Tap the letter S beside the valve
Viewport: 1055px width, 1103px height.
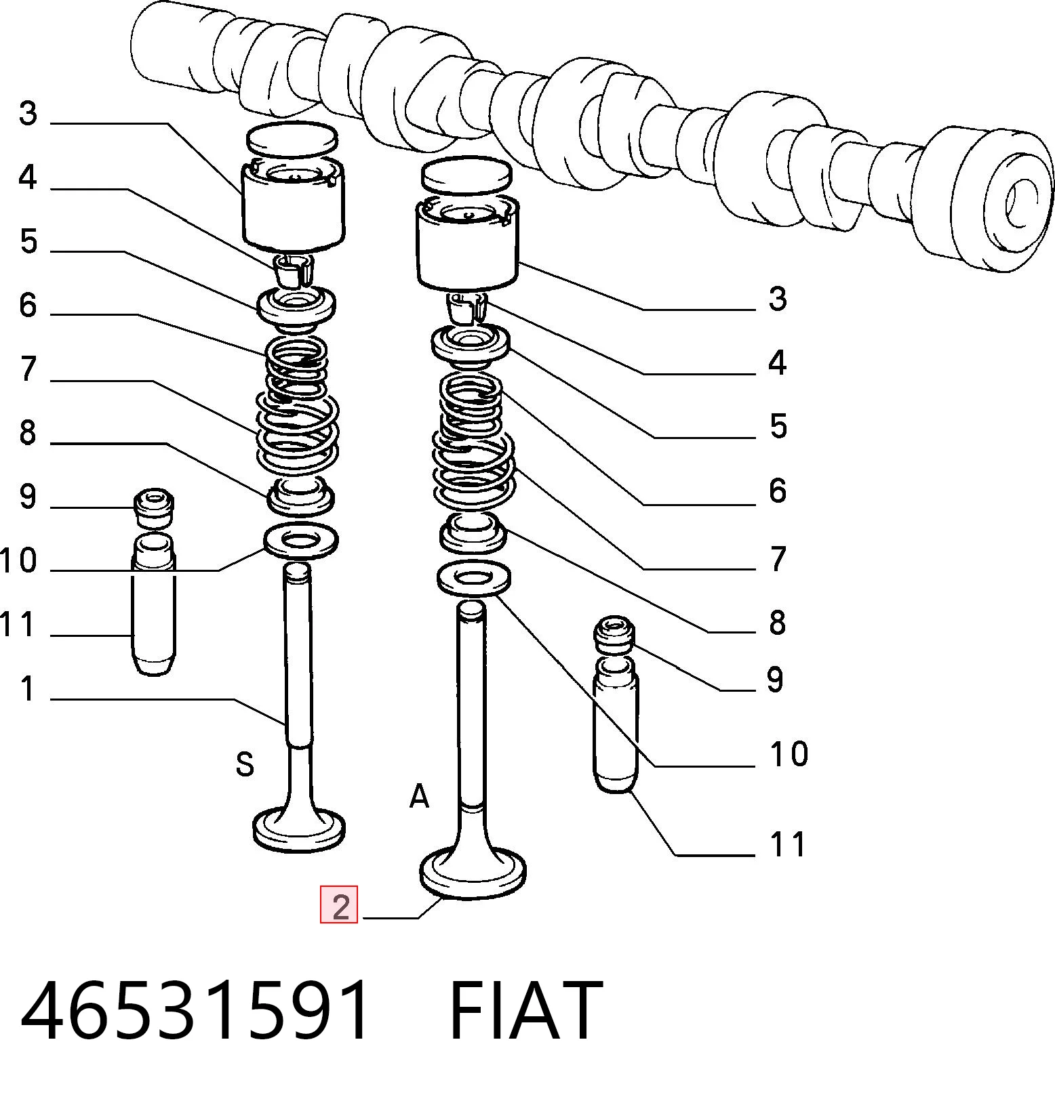point(245,764)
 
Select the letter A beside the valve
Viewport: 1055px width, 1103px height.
point(420,796)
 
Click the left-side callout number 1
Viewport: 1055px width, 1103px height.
point(27,688)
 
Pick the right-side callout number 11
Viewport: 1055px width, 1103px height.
point(788,845)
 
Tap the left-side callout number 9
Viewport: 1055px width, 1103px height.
point(27,497)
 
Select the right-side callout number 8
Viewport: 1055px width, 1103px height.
point(777,622)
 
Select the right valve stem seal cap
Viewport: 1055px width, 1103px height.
point(616,634)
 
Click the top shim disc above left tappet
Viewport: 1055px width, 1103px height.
point(292,138)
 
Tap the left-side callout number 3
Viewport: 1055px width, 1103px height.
point(27,113)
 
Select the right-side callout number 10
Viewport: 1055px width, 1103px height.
point(789,753)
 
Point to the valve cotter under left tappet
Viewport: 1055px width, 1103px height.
point(294,270)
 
